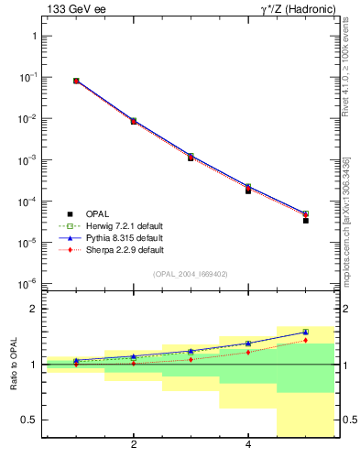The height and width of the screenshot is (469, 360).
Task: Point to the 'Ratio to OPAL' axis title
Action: (14, 365)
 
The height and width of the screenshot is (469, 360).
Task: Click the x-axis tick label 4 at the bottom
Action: (248, 446)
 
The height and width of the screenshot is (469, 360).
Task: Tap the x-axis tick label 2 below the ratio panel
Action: (134, 446)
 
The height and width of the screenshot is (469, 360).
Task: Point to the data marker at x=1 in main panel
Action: (76, 81)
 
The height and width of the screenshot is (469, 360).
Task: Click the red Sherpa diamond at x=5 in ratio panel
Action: (306, 340)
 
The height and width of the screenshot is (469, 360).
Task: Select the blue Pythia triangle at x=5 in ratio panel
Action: (306, 332)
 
